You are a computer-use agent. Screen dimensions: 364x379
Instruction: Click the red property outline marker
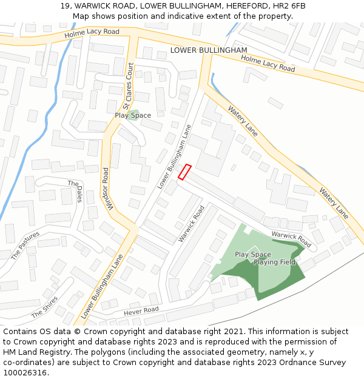click(x=185, y=172)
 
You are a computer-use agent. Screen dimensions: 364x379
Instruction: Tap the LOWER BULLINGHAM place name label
click(x=209, y=50)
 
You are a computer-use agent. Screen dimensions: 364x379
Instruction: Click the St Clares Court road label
click(x=128, y=86)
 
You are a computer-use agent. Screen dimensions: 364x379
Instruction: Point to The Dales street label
click(x=76, y=191)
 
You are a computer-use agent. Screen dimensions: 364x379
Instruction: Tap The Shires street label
click(x=44, y=307)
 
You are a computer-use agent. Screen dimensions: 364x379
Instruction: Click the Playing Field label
click(x=274, y=263)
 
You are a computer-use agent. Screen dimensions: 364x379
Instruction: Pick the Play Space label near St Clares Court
click(x=133, y=115)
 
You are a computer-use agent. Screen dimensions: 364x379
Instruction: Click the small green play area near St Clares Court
click(x=133, y=115)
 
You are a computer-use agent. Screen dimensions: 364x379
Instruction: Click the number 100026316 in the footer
click(x=25, y=372)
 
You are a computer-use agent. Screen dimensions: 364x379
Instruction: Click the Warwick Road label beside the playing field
click(x=291, y=239)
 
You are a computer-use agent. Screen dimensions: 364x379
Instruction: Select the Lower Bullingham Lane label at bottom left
click(x=102, y=286)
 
